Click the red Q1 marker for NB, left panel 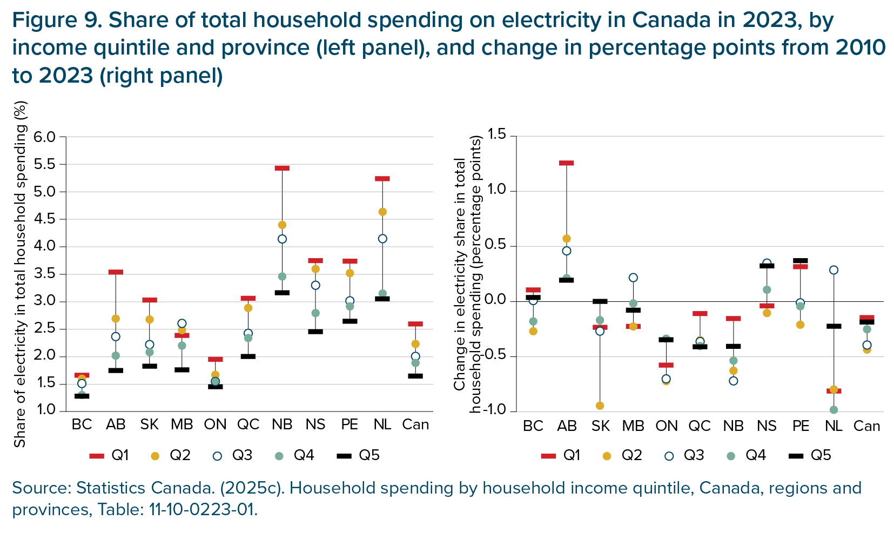pyautogui.click(x=282, y=168)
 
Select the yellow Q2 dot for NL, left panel pyautogui.click(x=382, y=212)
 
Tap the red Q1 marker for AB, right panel pyautogui.click(x=567, y=163)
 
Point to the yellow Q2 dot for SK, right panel pyautogui.click(x=600, y=406)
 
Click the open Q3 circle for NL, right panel pyautogui.click(x=833, y=270)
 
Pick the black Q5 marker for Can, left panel pyautogui.click(x=415, y=376)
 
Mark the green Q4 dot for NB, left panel pyautogui.click(x=282, y=276)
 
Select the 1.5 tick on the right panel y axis pyautogui.click(x=498, y=134)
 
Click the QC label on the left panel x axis pyautogui.click(x=248, y=424)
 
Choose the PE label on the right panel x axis pyautogui.click(x=801, y=426)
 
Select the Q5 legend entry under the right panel pyautogui.click(x=810, y=456)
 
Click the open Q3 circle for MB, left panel pyautogui.click(x=182, y=323)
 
